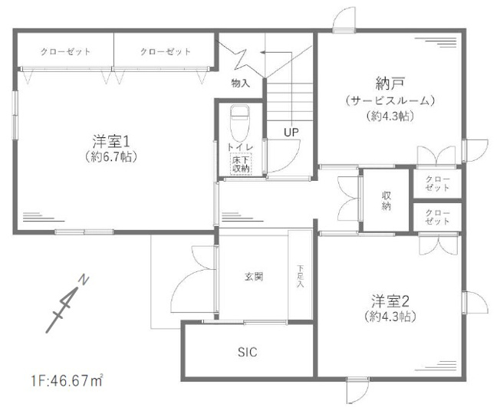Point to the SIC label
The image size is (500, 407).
click(x=247, y=353)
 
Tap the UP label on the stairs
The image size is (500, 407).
click(x=291, y=132)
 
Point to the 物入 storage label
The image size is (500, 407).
click(x=240, y=81)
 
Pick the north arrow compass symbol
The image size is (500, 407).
click(x=65, y=302)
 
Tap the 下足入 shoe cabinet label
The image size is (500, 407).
click(x=301, y=277)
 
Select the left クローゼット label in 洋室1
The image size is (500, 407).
click(x=65, y=51)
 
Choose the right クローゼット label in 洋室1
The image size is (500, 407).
click(x=165, y=51)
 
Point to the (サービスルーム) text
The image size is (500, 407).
click(x=390, y=100)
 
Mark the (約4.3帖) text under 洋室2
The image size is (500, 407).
click(x=390, y=316)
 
